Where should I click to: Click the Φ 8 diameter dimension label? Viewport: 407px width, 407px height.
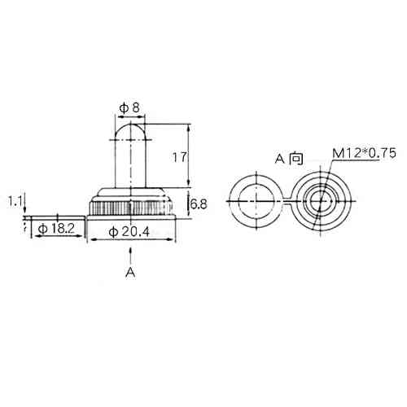(129, 108)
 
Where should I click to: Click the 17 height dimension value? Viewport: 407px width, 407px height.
(180, 157)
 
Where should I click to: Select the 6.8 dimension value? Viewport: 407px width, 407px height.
(199, 204)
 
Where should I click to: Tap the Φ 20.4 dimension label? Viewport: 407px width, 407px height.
(129, 232)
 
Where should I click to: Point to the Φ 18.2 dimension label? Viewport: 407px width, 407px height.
(56, 229)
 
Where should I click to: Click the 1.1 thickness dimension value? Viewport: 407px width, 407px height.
(15, 202)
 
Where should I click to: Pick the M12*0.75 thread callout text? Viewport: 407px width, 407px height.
(365, 154)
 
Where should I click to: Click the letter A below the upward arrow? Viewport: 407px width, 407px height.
(130, 272)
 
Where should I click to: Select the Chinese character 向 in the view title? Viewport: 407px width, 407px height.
(296, 159)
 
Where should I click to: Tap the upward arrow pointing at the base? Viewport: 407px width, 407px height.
(131, 255)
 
